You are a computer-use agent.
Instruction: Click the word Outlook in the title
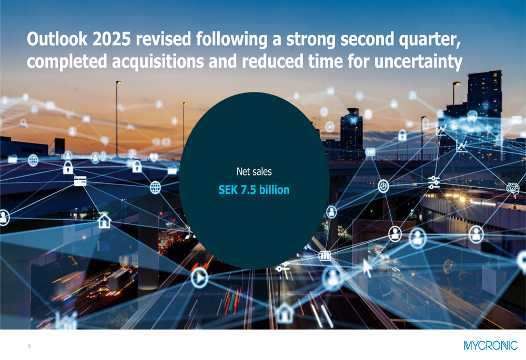pyautogui.click(x=57, y=39)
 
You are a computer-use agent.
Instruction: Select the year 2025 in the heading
pyautogui.click(x=112, y=39)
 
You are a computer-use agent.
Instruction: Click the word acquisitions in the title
pyautogui.click(x=158, y=61)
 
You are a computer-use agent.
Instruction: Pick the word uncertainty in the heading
pyautogui.click(x=418, y=61)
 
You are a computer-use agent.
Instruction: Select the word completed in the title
pyautogui.click(x=67, y=61)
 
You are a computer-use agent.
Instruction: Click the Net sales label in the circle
pyautogui.click(x=254, y=172)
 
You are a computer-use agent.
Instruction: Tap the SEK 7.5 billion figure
pyautogui.click(x=254, y=190)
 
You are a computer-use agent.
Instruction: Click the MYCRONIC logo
pyautogui.click(x=490, y=346)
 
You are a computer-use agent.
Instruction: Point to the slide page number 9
pyautogui.click(x=29, y=346)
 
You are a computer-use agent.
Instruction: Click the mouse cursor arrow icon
pyautogui.click(x=367, y=268)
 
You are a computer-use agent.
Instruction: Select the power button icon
pyautogui.click(x=383, y=186)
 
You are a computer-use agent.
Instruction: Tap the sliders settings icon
pyautogui.click(x=434, y=182)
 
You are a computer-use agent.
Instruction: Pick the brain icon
pyautogui.click(x=512, y=188)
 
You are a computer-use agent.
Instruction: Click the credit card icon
pyautogui.click(x=80, y=181)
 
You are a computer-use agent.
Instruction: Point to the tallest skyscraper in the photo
pyautogui.click(x=484, y=114)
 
